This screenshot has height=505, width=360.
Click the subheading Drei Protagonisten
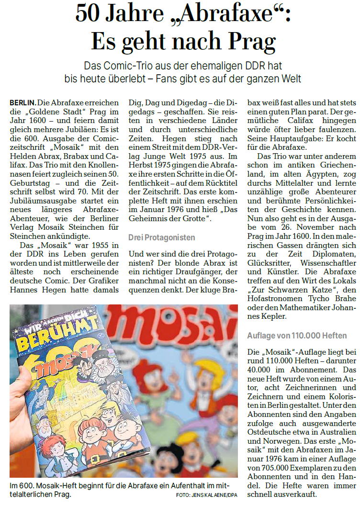[x=161, y=237]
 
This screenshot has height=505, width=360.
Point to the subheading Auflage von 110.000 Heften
[x=296, y=336]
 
